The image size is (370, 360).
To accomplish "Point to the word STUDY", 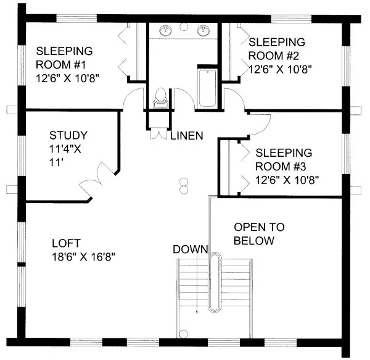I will pyautogui.click(x=68, y=135).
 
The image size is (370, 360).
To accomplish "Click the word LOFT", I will pyautogui.click(x=65, y=243).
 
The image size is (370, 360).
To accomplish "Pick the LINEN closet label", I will pyautogui.click(x=187, y=135).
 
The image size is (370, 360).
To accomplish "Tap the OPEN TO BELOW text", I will pyautogui.click(x=254, y=233).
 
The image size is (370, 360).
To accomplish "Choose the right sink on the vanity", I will pyautogui.click(x=203, y=30).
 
